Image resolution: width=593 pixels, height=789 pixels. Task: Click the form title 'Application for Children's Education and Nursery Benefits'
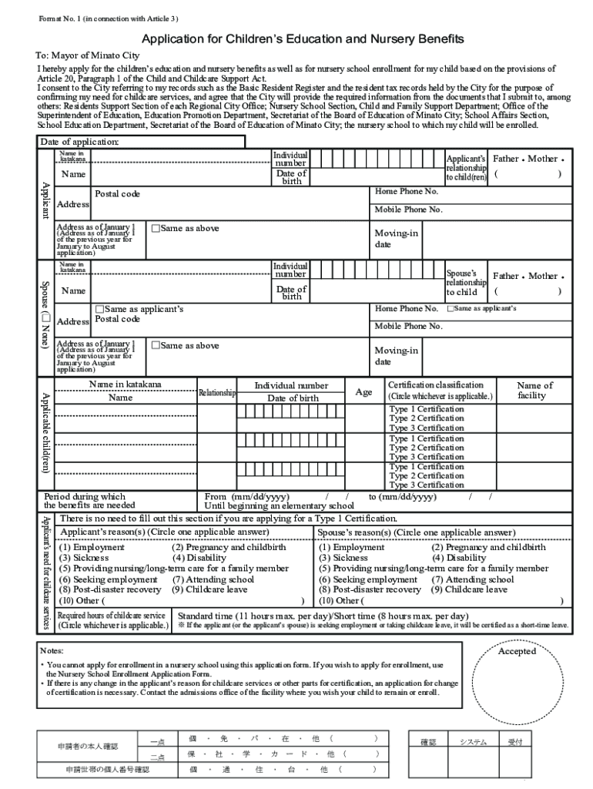pyautogui.click(x=302, y=39)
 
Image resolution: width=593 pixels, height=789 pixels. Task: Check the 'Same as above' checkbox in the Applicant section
pyautogui.click(x=156, y=229)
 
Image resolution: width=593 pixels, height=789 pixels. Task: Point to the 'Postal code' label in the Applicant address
pyautogui.click(x=117, y=194)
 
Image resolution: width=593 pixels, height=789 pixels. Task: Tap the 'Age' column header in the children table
pyautogui.click(x=364, y=392)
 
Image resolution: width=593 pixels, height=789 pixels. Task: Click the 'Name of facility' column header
pyautogui.click(x=534, y=391)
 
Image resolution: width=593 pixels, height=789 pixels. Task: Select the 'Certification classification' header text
pyautogui.click(x=436, y=384)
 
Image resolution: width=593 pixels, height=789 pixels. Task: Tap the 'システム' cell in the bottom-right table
pyautogui.click(x=473, y=742)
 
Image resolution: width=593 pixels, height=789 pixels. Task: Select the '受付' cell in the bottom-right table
pyautogui.click(x=514, y=742)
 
